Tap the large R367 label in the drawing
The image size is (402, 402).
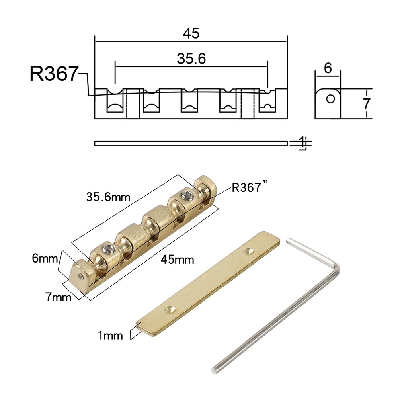(x=53, y=74)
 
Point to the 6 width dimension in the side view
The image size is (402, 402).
(x=328, y=68)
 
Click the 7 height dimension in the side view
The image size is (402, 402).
(x=366, y=104)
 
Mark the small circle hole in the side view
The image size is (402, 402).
(x=331, y=98)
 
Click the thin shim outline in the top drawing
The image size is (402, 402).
(x=191, y=143)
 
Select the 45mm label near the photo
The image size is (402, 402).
(x=177, y=259)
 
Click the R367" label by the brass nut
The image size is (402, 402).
(x=250, y=188)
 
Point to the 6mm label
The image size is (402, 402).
(x=45, y=258)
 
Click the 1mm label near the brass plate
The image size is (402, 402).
(x=110, y=335)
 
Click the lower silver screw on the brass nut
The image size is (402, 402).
(x=108, y=250)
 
